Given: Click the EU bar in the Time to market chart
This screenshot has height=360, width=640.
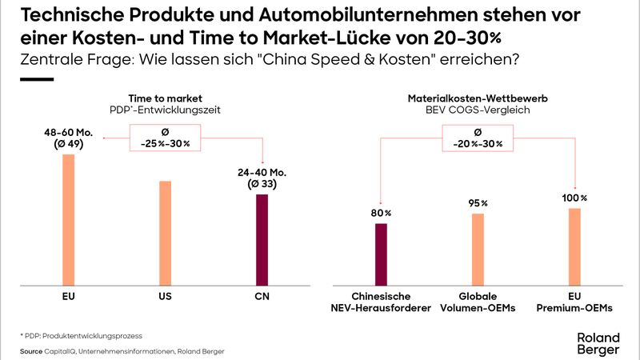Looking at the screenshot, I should [68, 219].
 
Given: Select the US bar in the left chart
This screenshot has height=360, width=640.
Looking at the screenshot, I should [165, 233].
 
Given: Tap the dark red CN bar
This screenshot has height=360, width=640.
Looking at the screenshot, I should [262, 239].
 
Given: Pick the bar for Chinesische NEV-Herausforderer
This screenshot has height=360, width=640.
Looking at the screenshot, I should [381, 254].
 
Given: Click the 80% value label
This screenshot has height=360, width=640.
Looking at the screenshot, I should [382, 213].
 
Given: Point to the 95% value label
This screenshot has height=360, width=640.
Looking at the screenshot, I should [478, 203].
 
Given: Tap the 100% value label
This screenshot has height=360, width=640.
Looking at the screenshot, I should [574, 198].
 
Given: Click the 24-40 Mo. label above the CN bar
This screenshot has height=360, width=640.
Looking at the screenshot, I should [262, 178].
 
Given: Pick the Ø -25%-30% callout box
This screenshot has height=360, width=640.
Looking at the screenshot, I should [165, 138].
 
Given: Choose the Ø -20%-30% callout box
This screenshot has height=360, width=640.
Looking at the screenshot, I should [478, 138].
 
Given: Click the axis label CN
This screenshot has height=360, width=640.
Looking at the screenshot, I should [262, 297].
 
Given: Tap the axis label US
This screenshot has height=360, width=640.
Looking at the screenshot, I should [165, 297].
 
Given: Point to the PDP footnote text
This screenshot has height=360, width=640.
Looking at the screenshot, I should [74, 335].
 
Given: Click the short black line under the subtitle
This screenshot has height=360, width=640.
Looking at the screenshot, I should [35, 79].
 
